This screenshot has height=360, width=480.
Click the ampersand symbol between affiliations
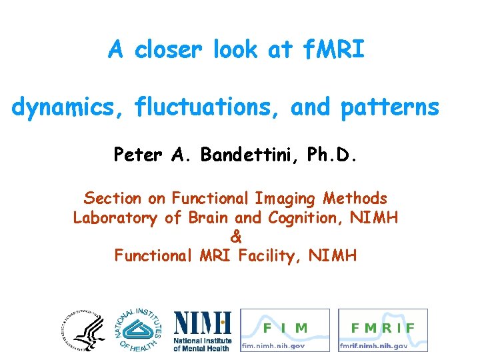tap(236, 236)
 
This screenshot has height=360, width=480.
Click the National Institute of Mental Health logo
tap(202, 331)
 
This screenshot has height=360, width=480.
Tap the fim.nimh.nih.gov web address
tap(274, 346)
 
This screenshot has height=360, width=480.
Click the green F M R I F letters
tap(382, 328)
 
